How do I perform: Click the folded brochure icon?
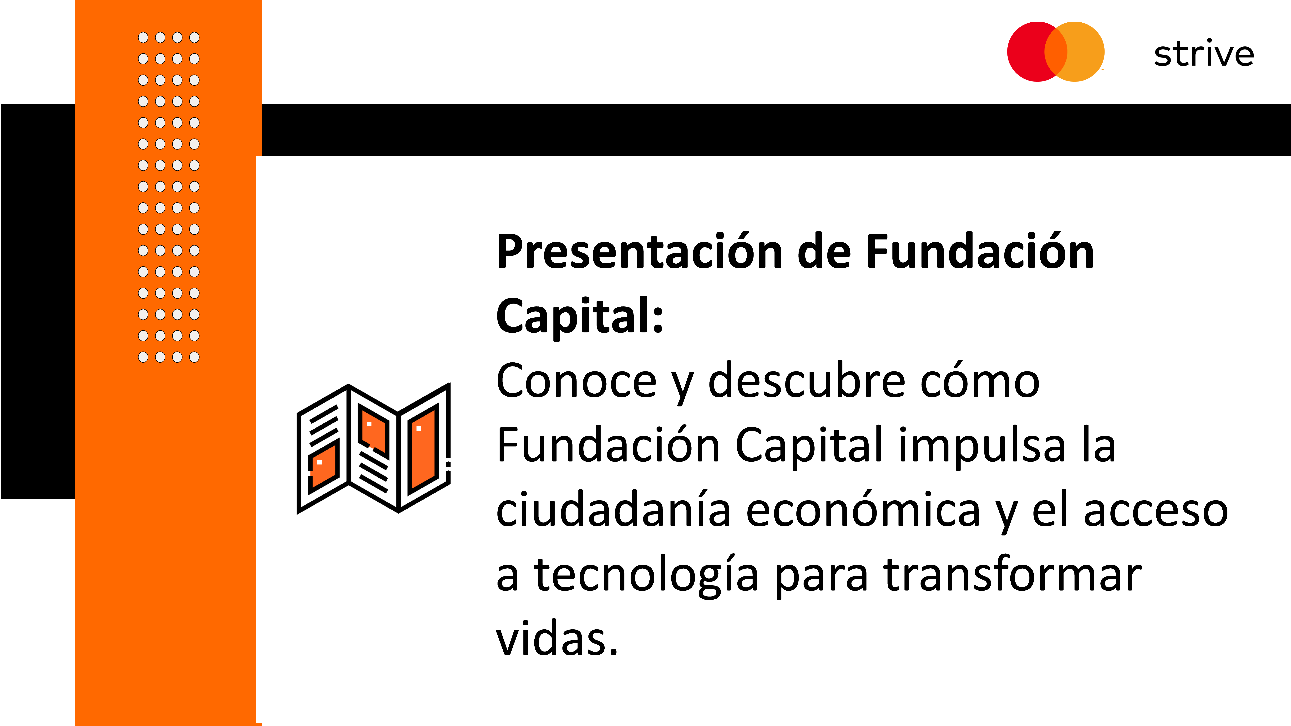tap(373, 448)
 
